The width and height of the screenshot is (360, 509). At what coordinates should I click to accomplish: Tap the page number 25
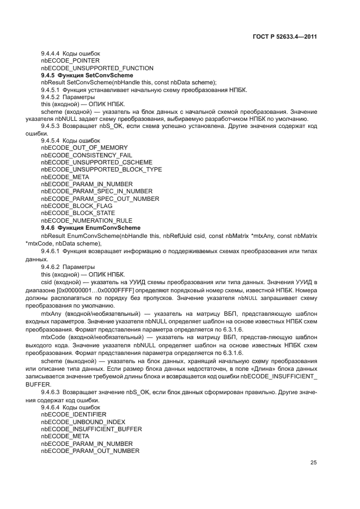click(x=314, y=463)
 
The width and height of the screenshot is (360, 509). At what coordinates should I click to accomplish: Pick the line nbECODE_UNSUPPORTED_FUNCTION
click(x=89, y=68)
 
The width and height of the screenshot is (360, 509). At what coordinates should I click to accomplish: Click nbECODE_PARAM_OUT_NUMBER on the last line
click(x=90, y=451)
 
